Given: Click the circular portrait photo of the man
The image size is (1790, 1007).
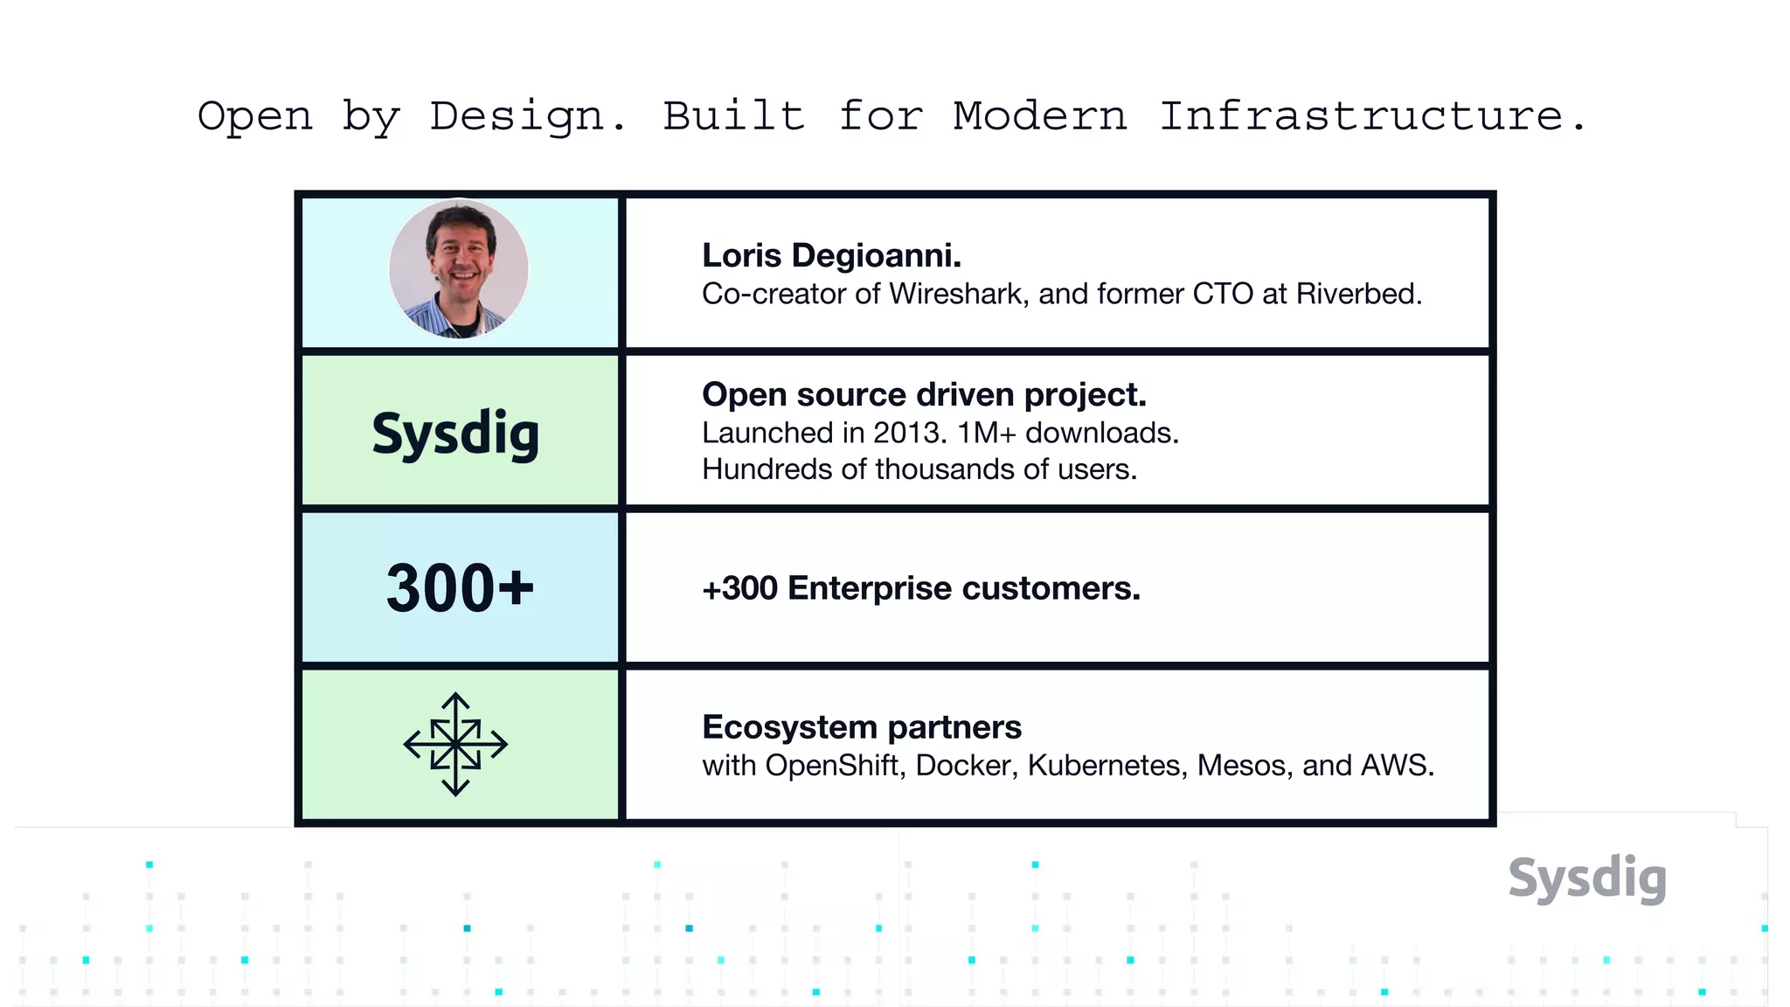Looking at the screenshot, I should coord(459,269).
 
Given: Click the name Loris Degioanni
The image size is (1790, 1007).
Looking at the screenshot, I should coord(831,255).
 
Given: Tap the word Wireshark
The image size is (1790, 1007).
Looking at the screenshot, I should coord(956,294).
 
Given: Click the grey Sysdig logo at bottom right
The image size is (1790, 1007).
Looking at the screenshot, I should coord(1587,878).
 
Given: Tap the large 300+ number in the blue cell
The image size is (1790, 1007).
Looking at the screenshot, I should coord(460,587).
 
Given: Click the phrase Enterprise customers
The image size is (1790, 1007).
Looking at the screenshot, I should coord(963,588).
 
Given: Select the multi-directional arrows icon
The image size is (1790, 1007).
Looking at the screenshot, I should coord(455,745).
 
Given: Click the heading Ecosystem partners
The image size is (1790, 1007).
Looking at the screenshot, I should coord(861,727).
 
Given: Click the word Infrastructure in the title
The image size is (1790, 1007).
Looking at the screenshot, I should coord(1362,116).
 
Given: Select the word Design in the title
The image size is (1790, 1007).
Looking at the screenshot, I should coord(517,116).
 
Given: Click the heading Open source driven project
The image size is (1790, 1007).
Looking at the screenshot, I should coord(924,394).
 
